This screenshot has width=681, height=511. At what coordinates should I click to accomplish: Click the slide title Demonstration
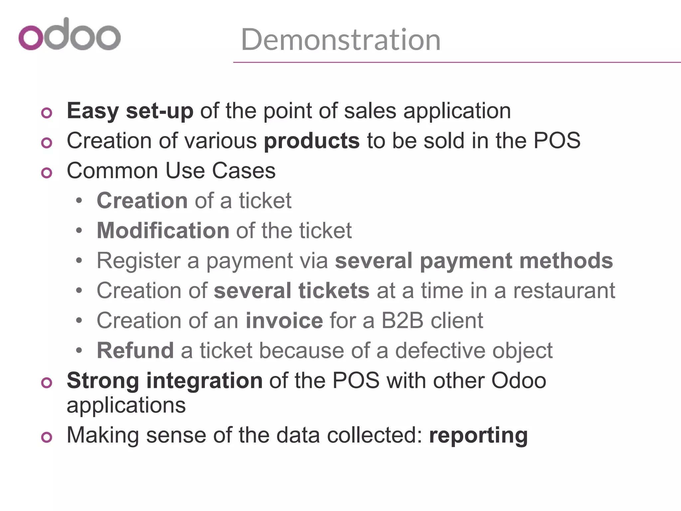tap(340, 40)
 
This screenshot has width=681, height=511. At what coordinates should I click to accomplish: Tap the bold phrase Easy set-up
tap(130, 111)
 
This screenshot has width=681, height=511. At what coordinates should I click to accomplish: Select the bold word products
tap(312, 141)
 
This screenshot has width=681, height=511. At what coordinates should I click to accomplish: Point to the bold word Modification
tap(163, 230)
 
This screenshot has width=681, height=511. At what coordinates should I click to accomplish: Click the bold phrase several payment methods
tap(474, 260)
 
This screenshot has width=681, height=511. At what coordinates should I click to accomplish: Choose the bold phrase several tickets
tap(291, 290)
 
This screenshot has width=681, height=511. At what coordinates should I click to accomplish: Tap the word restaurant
tap(564, 290)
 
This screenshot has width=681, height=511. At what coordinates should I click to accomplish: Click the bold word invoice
tap(284, 320)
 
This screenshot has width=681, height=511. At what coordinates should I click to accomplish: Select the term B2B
tap(402, 320)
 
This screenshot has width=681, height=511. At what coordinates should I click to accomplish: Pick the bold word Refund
tap(135, 350)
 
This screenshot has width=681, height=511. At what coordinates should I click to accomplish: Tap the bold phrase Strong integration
tap(165, 381)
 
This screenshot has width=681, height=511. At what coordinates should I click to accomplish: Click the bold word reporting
tap(478, 435)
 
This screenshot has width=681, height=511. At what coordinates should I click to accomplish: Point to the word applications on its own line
tap(126, 405)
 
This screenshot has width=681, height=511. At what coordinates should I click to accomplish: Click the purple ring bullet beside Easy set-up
tap(47, 113)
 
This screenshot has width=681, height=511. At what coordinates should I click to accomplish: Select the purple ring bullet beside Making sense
tap(47, 437)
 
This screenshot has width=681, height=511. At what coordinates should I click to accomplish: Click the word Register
tap(138, 260)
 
